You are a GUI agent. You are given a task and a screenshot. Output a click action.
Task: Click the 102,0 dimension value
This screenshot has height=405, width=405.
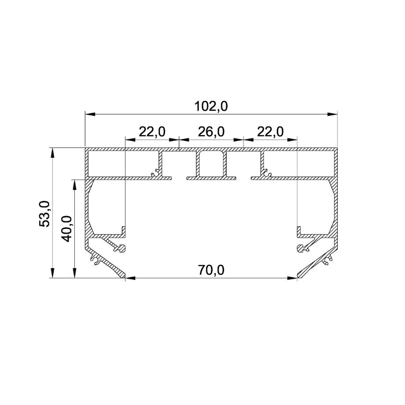click(x=211, y=107)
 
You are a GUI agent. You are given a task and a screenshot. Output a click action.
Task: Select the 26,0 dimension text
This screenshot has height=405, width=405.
click(x=211, y=132)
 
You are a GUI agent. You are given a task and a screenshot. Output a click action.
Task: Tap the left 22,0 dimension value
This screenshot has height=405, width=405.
click(x=152, y=132)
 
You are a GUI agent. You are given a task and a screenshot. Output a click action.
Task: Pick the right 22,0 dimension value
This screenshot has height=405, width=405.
click(x=270, y=132)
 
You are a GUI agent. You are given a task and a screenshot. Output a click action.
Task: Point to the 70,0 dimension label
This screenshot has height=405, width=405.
click(x=211, y=270)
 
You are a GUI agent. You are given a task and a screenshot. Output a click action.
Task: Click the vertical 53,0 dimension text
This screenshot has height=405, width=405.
click(x=44, y=214)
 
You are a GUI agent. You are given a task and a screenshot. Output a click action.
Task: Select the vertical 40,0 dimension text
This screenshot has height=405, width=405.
click(x=67, y=228)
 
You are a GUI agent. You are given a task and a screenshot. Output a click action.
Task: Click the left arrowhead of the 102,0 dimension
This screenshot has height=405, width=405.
click(x=90, y=114)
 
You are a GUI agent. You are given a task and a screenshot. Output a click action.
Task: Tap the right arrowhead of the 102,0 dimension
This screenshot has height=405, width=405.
click(x=332, y=114)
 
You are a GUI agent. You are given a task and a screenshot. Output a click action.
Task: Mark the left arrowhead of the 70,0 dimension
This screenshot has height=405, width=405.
click(x=130, y=278)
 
